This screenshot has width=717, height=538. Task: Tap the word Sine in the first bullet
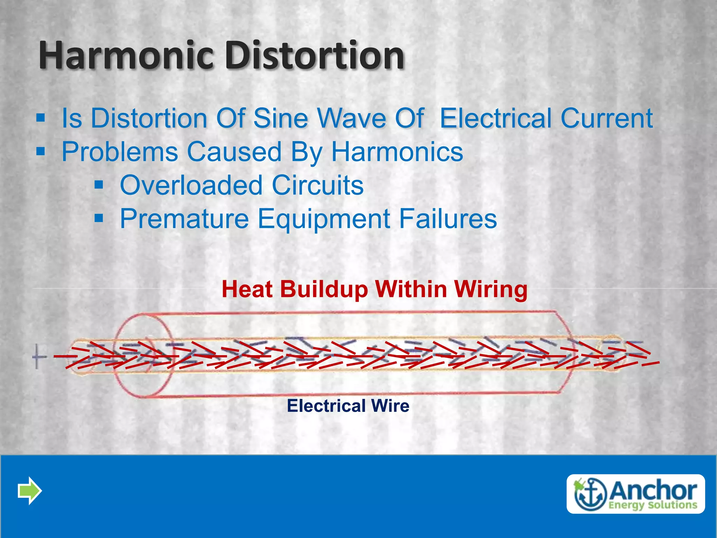[x=280, y=118]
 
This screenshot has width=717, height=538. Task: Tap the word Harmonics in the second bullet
[x=397, y=152]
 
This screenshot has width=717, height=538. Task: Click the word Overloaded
[x=191, y=185]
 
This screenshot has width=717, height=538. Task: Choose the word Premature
[x=184, y=219]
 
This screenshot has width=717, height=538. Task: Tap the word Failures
[x=448, y=219]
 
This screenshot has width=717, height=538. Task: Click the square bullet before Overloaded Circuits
[x=99, y=185]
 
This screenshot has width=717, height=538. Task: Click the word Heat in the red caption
[x=247, y=290]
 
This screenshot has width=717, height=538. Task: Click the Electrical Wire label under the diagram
[x=348, y=406]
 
